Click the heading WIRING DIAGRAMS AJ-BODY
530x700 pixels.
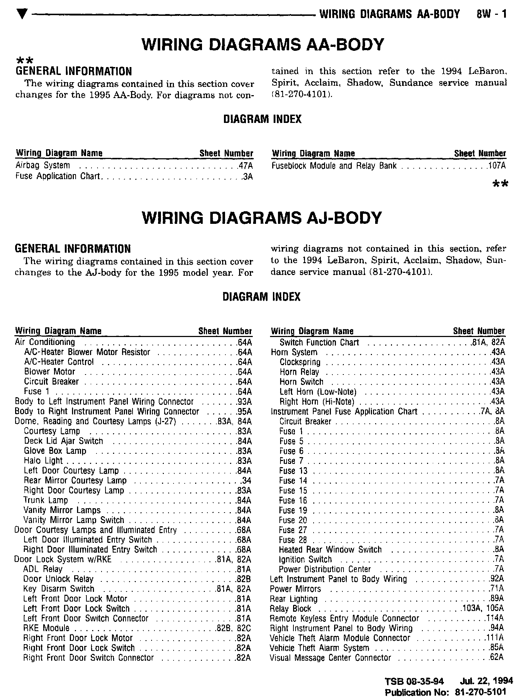pyautogui.click(x=262, y=218)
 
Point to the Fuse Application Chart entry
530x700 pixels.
pyautogui.click(x=58, y=176)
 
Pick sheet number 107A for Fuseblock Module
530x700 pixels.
pyautogui.click(x=497, y=166)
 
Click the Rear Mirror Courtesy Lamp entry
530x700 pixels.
pyautogui.click(x=75, y=480)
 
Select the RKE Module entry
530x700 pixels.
pyautogui.click(x=46, y=628)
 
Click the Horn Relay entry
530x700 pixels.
pyautogui.click(x=299, y=372)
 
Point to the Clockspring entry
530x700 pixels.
pyautogui.click(x=300, y=362)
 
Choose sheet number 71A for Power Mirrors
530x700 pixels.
pyautogui.click(x=497, y=589)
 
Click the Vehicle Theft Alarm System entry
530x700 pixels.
pyautogui.click(x=319, y=648)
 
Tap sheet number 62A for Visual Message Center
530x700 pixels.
pyautogui.click(x=497, y=658)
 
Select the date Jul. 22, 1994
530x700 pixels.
pyautogui.click(x=486, y=681)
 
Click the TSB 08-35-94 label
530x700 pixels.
pyautogui.click(x=414, y=681)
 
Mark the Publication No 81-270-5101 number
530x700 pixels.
pyautogui.click(x=481, y=692)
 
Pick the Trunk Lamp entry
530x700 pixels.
pyautogui.click(x=46, y=500)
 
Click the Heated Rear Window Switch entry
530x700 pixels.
pyautogui.click(x=330, y=550)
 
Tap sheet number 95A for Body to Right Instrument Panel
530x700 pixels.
pyautogui.click(x=244, y=412)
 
